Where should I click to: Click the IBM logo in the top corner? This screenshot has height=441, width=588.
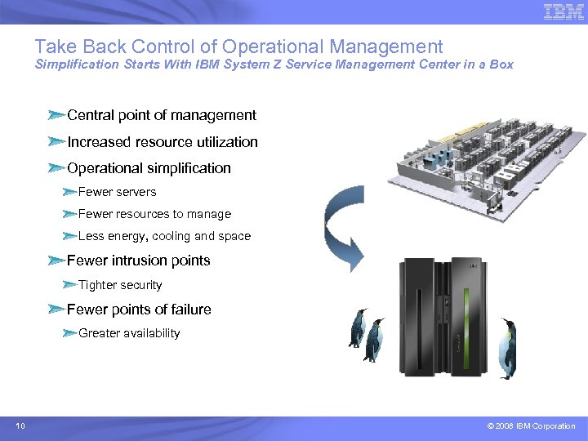(x=563, y=12)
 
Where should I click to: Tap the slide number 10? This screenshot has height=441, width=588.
(x=20, y=425)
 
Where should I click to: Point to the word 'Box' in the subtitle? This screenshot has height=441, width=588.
(x=501, y=65)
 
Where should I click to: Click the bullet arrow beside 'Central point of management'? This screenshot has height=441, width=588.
(x=56, y=115)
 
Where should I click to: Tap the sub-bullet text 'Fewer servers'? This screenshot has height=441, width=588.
(x=117, y=192)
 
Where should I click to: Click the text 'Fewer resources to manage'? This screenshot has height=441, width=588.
(x=154, y=214)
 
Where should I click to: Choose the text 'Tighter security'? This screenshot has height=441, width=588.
(x=120, y=285)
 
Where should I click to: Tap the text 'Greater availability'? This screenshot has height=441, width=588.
(x=129, y=333)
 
